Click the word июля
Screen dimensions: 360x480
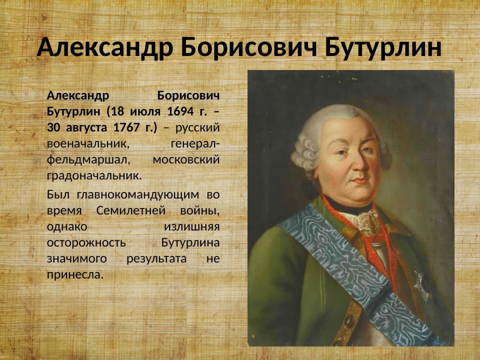point(144,111)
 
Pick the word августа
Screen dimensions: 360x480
point(84,127)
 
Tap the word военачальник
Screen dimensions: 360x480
point(88,144)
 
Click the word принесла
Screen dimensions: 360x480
point(74,275)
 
